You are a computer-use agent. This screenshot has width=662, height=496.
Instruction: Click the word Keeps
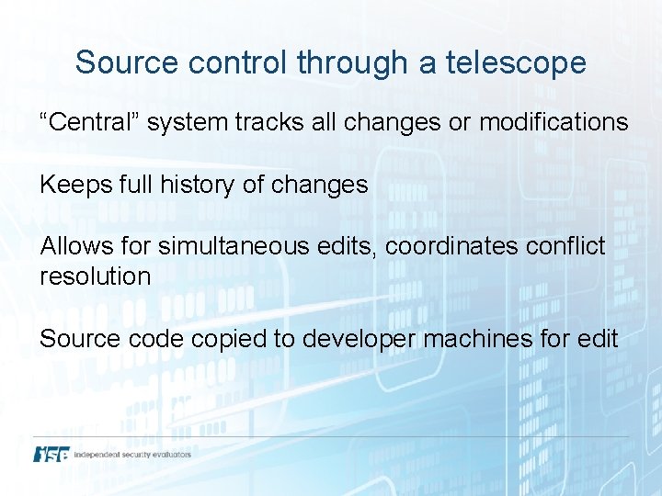[x=76, y=185]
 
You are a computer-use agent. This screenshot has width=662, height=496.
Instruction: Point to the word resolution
[x=95, y=276]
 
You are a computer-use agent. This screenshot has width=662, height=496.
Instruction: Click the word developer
[x=359, y=339]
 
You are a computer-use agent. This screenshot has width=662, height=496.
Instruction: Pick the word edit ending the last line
[x=598, y=339]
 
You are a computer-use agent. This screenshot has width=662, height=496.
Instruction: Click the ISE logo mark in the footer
[x=51, y=455]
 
